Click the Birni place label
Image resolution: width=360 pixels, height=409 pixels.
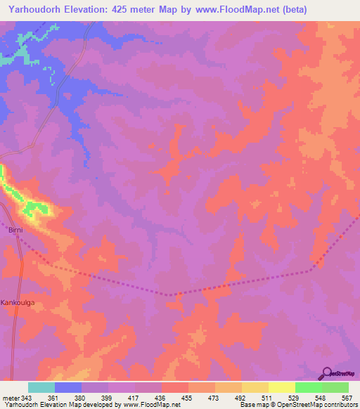pyautogui.click(x=15, y=230)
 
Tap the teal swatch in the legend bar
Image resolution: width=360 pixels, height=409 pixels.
pyautogui.click(x=41, y=387)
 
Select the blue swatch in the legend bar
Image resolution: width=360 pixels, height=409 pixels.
pyautogui.click(x=68, y=387)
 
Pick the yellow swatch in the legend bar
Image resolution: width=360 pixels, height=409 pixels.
pyautogui.click(x=281, y=387)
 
